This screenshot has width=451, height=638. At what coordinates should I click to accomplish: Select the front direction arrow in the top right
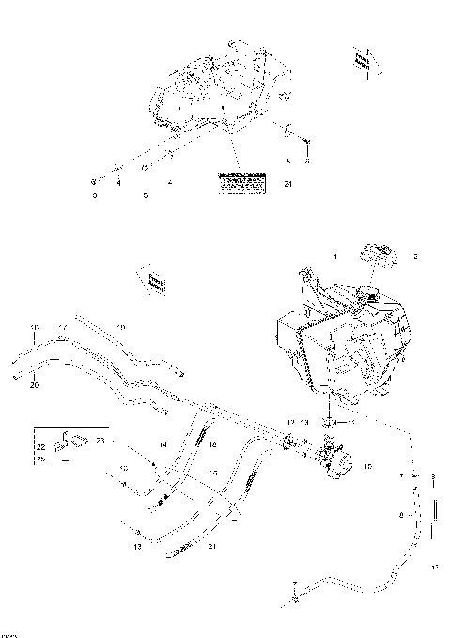pos(362,61)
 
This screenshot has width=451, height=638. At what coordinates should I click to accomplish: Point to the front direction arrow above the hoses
pos(155,280)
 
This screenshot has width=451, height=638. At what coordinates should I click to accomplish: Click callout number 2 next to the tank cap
pos(416,256)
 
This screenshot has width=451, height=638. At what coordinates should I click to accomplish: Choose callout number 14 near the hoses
pos(162,443)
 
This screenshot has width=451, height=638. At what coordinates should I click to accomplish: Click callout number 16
pos(212,444)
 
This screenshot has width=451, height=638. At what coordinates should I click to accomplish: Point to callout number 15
pos(212,473)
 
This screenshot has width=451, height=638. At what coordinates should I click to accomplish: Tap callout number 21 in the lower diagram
pos(212,546)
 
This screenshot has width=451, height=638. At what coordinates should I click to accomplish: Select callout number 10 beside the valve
pos(367,465)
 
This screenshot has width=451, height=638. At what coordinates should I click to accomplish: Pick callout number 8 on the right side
pos(401,515)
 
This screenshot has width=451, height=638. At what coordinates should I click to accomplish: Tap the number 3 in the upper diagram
pos(94,195)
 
